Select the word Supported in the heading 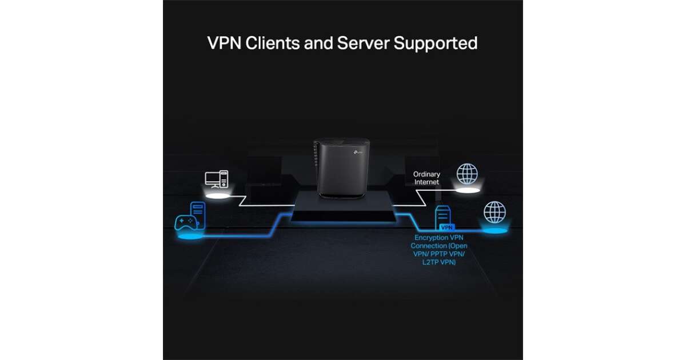pyautogui.click(x=436, y=43)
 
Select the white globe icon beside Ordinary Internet pyautogui.click(x=467, y=174)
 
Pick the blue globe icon pyautogui.click(x=494, y=212)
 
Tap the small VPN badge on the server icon pyautogui.click(x=446, y=227)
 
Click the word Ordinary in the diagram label pyautogui.click(x=427, y=174)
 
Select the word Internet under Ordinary pyautogui.click(x=427, y=182)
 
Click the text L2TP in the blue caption pyautogui.click(x=428, y=262)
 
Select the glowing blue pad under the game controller pyautogui.click(x=190, y=235)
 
